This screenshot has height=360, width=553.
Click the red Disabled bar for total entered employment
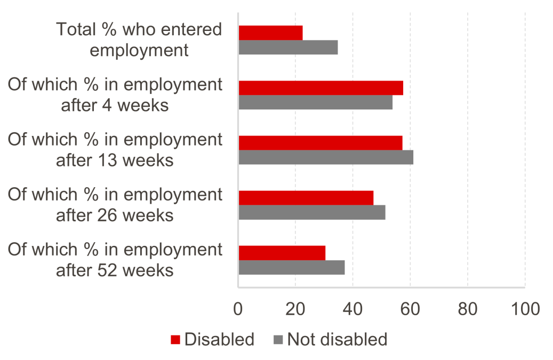click(270, 33)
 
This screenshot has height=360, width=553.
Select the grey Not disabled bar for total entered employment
click(288, 47)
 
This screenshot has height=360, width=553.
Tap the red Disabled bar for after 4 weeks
click(320, 87)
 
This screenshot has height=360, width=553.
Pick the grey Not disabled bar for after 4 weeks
click(315, 102)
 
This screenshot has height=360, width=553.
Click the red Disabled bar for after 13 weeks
click(320, 143)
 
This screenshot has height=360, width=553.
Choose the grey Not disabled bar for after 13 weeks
click(326, 157)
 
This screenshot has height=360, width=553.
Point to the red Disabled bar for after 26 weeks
click(306, 198)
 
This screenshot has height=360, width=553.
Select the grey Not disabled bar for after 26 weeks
click(312, 212)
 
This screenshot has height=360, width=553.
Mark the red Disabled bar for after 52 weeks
click(282, 253)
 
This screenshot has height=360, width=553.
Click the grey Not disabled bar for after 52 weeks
click(291, 267)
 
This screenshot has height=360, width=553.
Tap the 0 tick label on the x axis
click(238, 308)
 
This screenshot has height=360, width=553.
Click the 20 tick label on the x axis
click(295, 308)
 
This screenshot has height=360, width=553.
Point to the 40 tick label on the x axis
click(352, 308)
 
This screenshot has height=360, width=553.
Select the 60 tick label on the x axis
click(410, 308)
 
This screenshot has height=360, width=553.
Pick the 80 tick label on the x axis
click(468, 308)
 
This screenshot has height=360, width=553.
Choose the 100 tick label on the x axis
click(525, 308)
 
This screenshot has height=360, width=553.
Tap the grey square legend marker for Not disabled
click(278, 340)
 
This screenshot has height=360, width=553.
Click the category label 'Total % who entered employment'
click(139, 40)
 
